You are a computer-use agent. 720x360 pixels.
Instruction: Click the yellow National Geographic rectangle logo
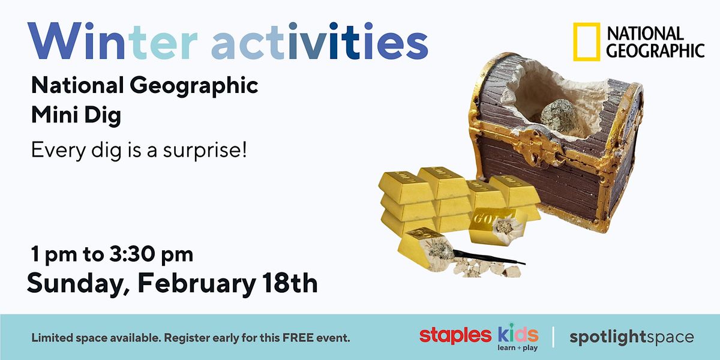(x=587, y=42)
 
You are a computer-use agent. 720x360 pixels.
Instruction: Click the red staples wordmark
(x=454, y=335)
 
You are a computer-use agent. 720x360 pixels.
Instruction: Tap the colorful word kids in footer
(x=518, y=334)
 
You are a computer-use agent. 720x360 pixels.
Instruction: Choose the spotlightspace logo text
(x=631, y=337)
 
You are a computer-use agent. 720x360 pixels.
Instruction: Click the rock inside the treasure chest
(x=557, y=115)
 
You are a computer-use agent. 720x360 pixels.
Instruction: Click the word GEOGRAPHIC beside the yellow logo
(x=655, y=50)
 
